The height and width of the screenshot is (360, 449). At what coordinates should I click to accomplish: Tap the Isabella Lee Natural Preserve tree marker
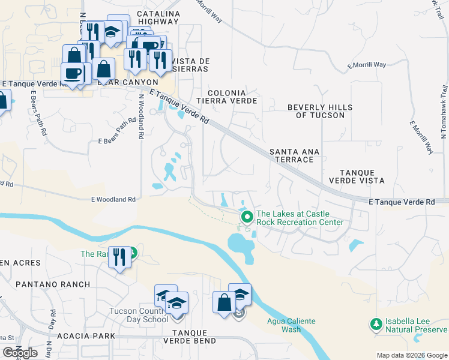click(376, 324)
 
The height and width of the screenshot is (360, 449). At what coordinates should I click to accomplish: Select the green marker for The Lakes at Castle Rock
click(246, 217)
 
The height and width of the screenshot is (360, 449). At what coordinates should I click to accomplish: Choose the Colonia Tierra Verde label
click(232, 97)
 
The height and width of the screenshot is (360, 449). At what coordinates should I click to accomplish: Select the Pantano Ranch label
click(53, 284)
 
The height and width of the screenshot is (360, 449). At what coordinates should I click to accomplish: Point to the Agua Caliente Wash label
click(291, 325)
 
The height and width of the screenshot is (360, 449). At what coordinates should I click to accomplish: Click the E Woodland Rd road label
click(113, 199)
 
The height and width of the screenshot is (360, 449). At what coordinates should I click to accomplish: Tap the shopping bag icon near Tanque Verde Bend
click(224, 302)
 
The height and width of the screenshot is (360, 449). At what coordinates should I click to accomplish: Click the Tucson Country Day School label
click(139, 315)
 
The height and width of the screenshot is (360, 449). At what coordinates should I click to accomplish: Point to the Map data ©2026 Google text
click(412, 355)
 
